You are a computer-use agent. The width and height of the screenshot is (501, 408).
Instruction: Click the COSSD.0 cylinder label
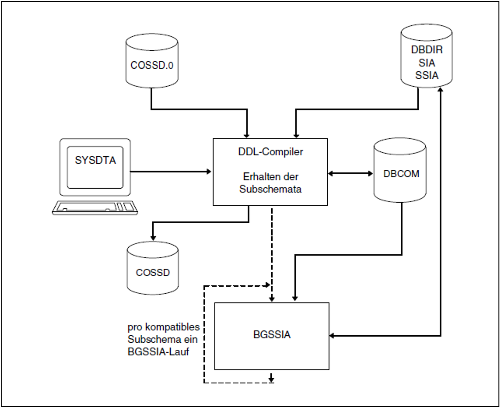pyautogui.click(x=152, y=65)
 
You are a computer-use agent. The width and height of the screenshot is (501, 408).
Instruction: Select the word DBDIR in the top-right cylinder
pyautogui.click(x=427, y=50)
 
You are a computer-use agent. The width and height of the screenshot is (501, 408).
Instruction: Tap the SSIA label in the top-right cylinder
pyautogui.click(x=427, y=75)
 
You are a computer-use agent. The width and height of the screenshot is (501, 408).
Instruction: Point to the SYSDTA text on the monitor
pyautogui.click(x=95, y=160)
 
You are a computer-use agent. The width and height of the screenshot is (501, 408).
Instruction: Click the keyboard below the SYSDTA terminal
pyautogui.click(x=95, y=208)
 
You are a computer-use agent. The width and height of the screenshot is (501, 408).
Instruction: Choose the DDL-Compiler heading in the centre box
pyautogui.click(x=270, y=152)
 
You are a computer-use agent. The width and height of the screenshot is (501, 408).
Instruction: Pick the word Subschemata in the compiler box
pyautogui.click(x=270, y=189)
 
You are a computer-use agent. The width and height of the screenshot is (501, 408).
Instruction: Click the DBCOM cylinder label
pyautogui.click(x=401, y=174)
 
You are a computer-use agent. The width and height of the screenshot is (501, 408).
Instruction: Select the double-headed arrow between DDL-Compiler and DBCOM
pyautogui.click(x=350, y=174)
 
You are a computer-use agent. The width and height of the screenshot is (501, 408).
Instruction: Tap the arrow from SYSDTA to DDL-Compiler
pyautogui.click(x=171, y=171)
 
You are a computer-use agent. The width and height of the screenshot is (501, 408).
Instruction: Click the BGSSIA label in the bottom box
pyautogui.click(x=272, y=335)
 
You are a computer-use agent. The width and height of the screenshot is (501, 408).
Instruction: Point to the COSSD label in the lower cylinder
pyautogui.click(x=153, y=273)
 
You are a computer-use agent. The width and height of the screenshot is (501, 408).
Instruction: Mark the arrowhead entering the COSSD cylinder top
pyautogui.click(x=153, y=238)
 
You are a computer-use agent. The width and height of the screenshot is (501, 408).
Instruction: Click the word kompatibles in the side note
pyautogui.click(x=172, y=327)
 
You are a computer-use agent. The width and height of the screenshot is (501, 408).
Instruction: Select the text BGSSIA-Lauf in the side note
pyautogui.click(x=158, y=352)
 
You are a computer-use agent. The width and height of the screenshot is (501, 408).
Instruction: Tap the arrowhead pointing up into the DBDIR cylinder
pyautogui.click(x=440, y=90)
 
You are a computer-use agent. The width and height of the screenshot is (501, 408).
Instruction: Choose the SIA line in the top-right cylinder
pyautogui.click(x=427, y=63)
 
